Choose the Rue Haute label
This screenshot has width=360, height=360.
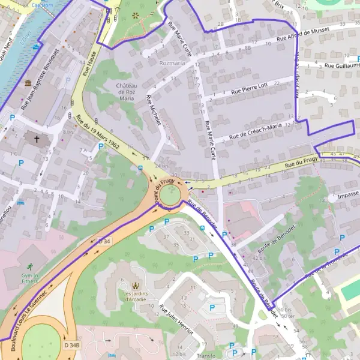tap(89, 63)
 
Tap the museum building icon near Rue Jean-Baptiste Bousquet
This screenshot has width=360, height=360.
tap(28, 83)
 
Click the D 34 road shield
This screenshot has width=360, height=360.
tap(104, 241)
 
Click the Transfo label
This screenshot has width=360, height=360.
tap(206, 355)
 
